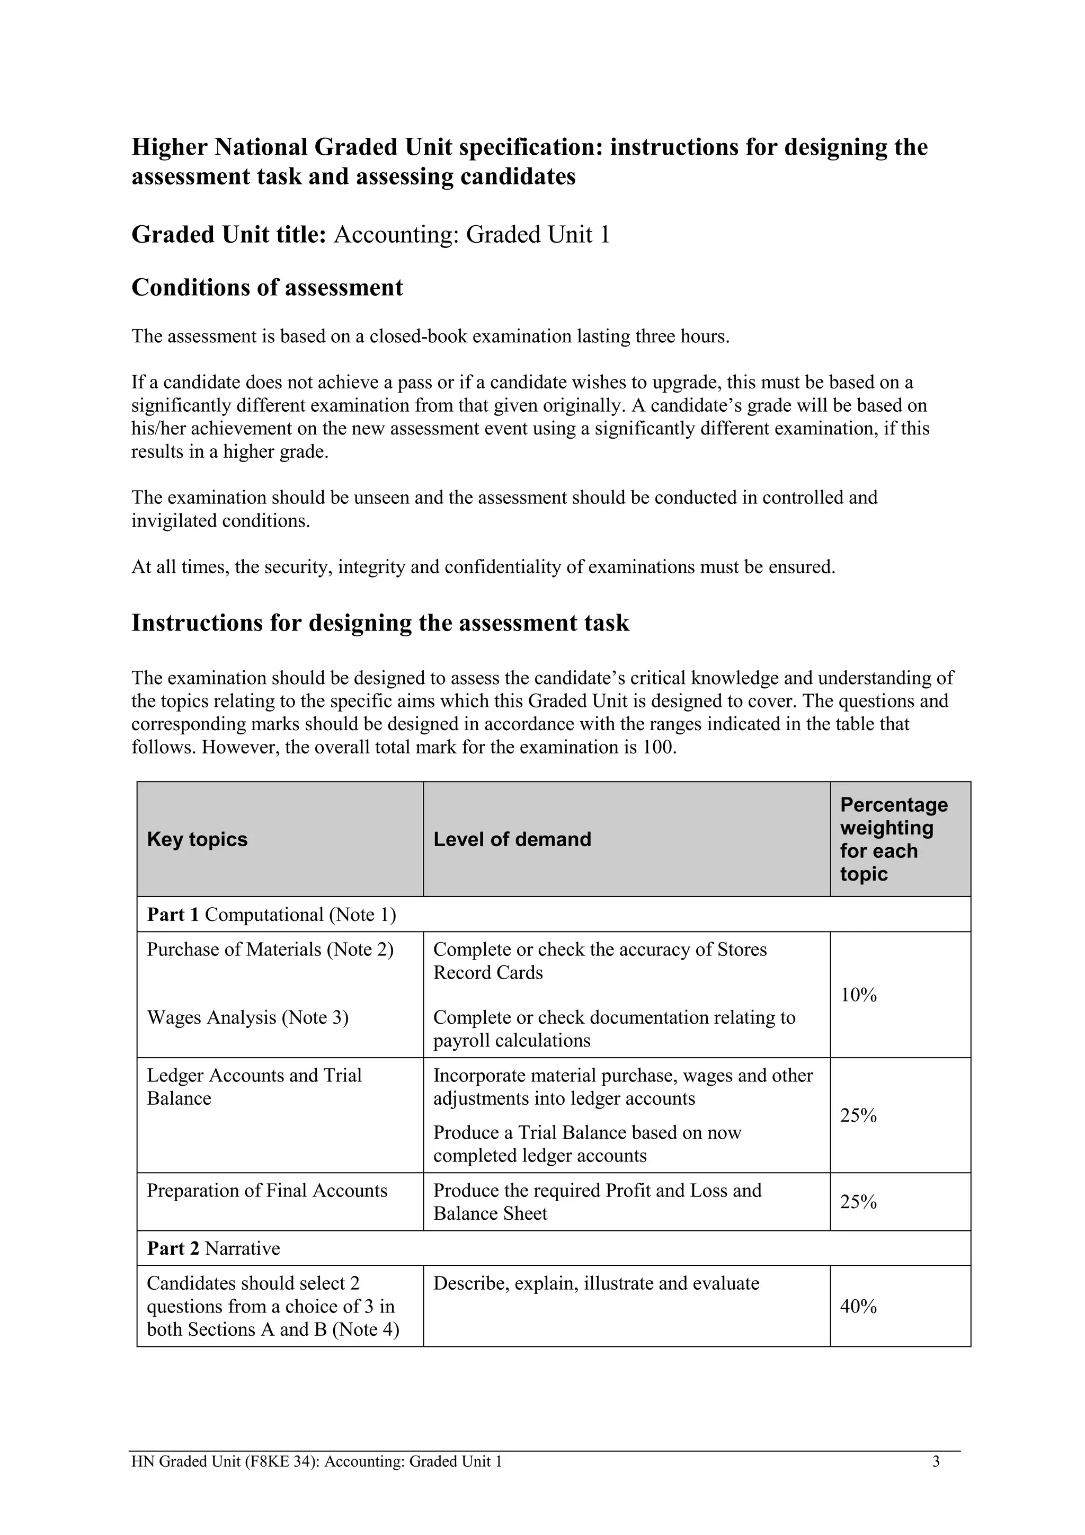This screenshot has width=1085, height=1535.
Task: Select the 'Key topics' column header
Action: pos(197,839)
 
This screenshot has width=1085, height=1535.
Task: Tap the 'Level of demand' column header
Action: pos(512,839)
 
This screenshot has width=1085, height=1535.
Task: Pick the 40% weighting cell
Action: pos(858,1306)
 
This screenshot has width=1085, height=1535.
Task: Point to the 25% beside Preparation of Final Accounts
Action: pos(858,1202)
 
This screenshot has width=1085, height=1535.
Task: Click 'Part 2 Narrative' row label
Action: pos(214,1248)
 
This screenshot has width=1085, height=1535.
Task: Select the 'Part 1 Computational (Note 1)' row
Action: pos(271,915)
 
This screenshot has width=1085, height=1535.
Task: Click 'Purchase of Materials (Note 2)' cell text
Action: pos(270,950)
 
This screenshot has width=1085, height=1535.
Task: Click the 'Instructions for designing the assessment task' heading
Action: pos(380,623)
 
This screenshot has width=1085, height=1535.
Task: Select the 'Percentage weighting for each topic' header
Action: pos(893,839)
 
